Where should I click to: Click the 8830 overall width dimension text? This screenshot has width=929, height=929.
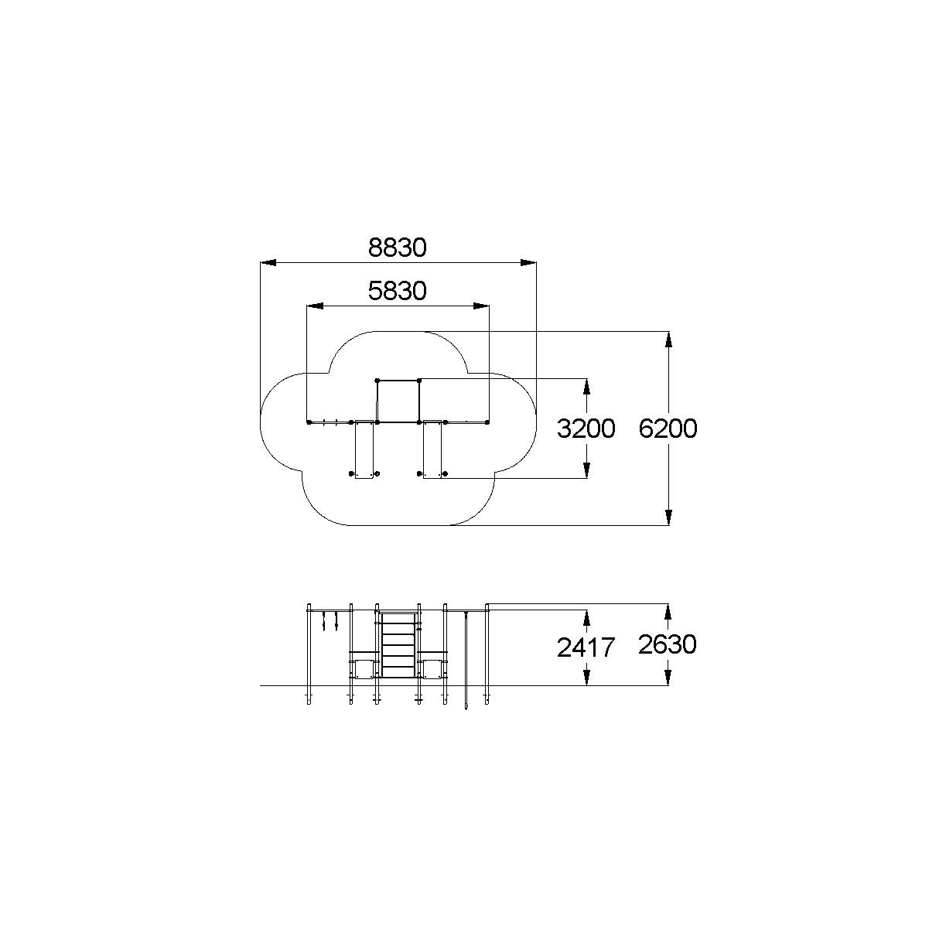coord(398,248)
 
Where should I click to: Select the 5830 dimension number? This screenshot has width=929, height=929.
coord(398,291)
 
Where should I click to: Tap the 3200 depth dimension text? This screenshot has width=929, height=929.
coord(586,429)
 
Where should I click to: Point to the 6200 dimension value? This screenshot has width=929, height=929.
coord(668,429)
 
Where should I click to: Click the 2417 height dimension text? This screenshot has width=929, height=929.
coord(586,647)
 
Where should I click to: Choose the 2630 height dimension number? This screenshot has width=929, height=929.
coord(668,644)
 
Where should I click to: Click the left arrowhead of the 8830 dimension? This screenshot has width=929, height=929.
coord(268,263)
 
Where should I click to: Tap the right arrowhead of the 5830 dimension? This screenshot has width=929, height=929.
coord(481,306)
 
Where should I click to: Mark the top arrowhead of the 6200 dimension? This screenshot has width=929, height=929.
coord(668,340)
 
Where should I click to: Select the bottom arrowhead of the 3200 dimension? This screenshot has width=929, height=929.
coord(586,470)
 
